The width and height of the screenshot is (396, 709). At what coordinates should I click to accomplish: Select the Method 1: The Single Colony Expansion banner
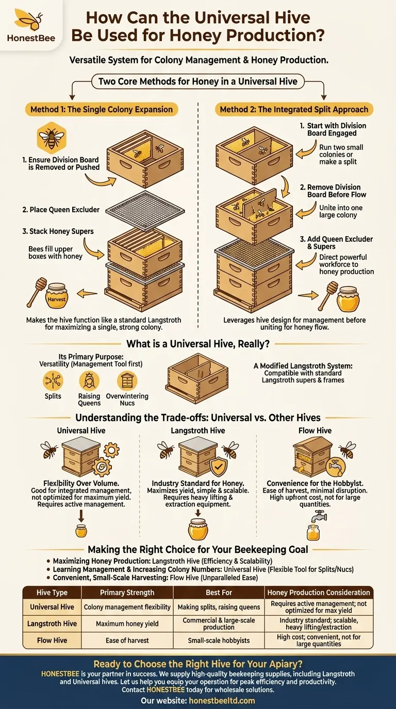pyautogui.click(x=102, y=109)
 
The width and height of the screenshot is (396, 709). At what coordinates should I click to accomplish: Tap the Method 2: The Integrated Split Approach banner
pyautogui.click(x=294, y=109)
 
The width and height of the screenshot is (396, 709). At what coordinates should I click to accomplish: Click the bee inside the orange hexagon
pyautogui.click(x=51, y=138)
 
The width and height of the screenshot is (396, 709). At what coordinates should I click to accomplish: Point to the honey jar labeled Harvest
pyautogui.click(x=57, y=298)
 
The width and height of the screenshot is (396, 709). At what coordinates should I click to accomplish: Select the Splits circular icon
pyautogui.click(x=53, y=382)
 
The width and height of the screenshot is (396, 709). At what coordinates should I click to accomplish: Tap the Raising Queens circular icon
pyautogui.click(x=89, y=382)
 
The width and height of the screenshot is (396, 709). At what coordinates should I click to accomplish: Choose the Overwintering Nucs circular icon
pyautogui.click(x=127, y=382)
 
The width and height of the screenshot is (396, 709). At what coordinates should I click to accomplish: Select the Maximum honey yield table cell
pyautogui.click(x=127, y=623)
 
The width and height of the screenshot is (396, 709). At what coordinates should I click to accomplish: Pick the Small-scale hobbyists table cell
pyautogui.click(x=219, y=640)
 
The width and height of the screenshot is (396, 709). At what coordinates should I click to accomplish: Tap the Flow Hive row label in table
pyautogui.click(x=52, y=640)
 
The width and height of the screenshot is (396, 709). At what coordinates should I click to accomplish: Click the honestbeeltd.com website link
pyautogui.click(x=222, y=700)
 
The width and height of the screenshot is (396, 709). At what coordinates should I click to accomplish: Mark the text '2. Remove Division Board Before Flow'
pyautogui.click(x=334, y=191)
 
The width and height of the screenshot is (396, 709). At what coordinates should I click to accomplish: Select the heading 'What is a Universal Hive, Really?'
pyautogui.click(x=199, y=344)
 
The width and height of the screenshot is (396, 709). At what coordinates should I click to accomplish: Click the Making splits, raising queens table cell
pyautogui.click(x=219, y=606)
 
